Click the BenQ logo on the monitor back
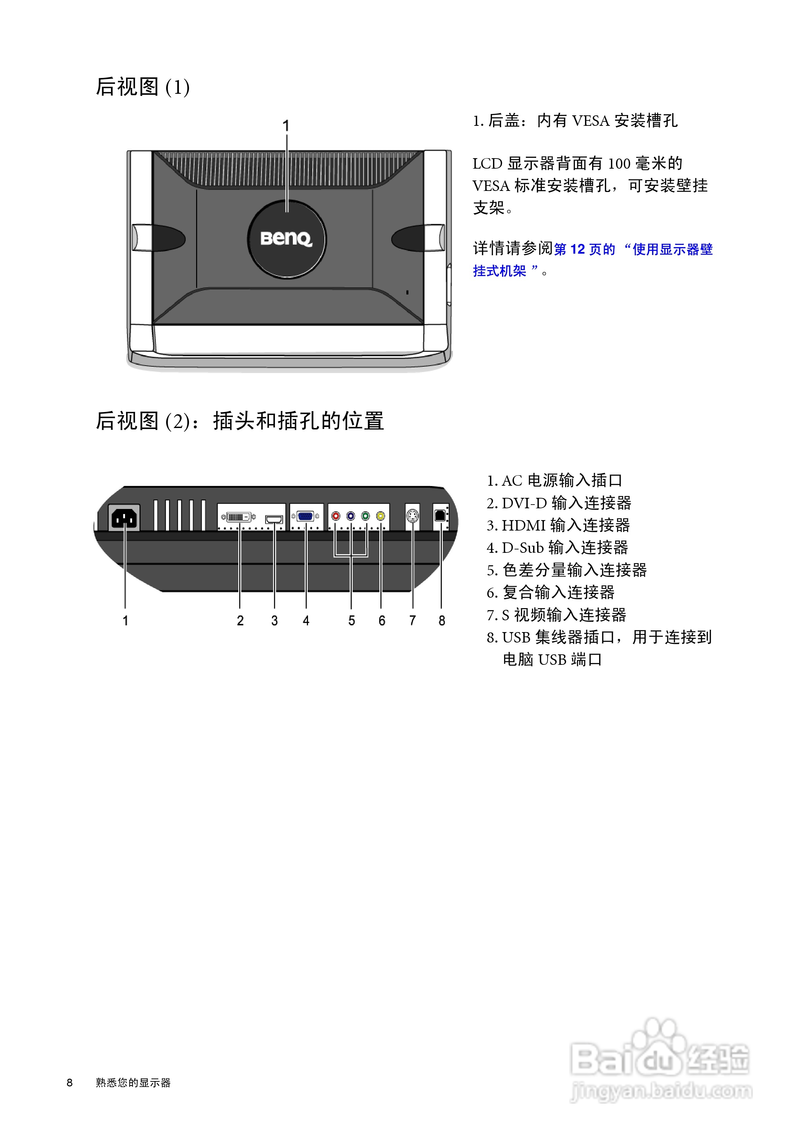click(286, 239)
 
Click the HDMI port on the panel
click(274, 519)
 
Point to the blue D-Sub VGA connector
click(306, 516)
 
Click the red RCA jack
click(336, 516)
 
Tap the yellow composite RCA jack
click(380, 516)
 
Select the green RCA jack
click(365, 516)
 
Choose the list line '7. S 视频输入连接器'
click(556, 615)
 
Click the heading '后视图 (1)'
click(143, 87)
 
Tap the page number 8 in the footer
click(70, 1083)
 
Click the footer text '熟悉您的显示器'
click(133, 1083)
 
